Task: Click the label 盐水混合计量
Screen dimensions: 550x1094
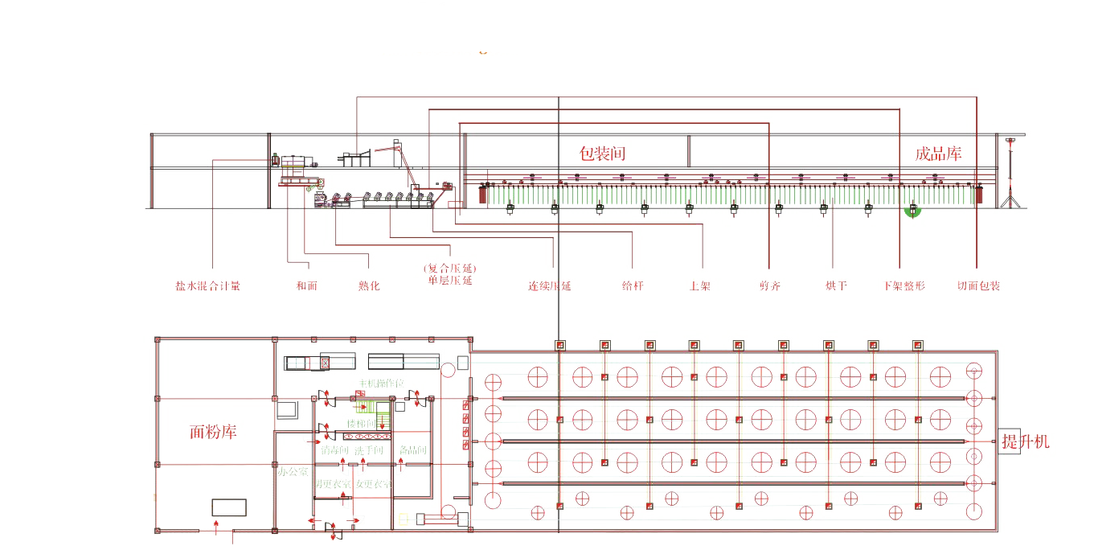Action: (207, 285)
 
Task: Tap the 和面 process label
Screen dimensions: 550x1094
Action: (306, 285)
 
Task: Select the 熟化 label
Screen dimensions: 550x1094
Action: (369, 285)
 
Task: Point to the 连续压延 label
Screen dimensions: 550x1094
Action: (549, 285)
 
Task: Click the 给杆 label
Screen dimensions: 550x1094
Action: (633, 285)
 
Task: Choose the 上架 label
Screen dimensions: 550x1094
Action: (700, 285)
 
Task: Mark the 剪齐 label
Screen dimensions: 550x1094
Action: (769, 285)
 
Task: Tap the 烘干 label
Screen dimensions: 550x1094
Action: (836, 285)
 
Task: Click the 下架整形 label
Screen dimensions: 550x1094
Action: (903, 285)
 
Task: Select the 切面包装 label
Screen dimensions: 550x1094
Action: (978, 285)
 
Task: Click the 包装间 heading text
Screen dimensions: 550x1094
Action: (603, 153)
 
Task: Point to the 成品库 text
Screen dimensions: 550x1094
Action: (938, 154)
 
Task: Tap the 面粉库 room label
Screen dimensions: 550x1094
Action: (213, 432)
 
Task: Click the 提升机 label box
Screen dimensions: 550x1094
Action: (1025, 441)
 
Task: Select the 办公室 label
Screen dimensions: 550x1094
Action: (293, 471)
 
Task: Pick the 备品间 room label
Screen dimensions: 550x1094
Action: (412, 450)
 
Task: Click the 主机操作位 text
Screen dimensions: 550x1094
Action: (381, 383)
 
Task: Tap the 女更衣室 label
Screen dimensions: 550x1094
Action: (374, 484)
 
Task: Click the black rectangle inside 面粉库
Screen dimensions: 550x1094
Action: (229, 507)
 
